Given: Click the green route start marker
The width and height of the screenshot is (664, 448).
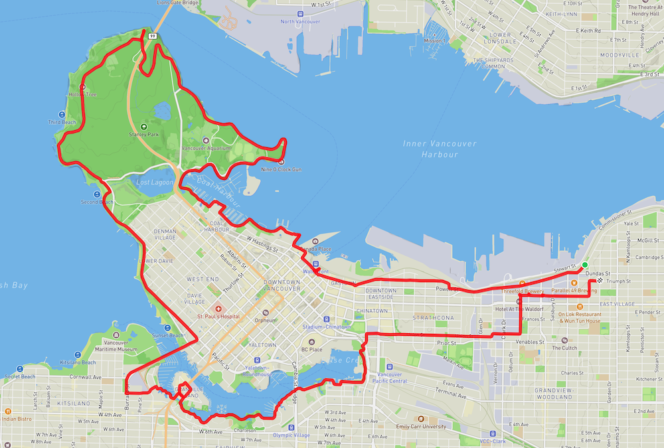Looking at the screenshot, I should tap(584, 265).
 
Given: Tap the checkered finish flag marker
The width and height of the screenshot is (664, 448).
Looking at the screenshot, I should tap(599, 281).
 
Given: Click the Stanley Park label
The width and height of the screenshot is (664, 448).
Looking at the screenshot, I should tap(144, 134).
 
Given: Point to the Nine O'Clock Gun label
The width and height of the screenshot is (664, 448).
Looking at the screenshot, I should tap(284, 169).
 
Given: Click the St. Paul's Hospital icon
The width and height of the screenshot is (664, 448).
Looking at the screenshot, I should tap(218, 309).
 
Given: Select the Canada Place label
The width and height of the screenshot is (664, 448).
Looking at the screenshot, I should tap(316, 249).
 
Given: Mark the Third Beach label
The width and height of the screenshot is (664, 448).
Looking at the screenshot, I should tap(62, 122).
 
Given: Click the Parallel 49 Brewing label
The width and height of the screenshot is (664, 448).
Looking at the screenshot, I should tap(578, 291).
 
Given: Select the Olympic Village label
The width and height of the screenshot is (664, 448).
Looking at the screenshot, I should tap(291, 435).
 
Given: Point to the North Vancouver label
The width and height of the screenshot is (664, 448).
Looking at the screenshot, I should tap(300, 22).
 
